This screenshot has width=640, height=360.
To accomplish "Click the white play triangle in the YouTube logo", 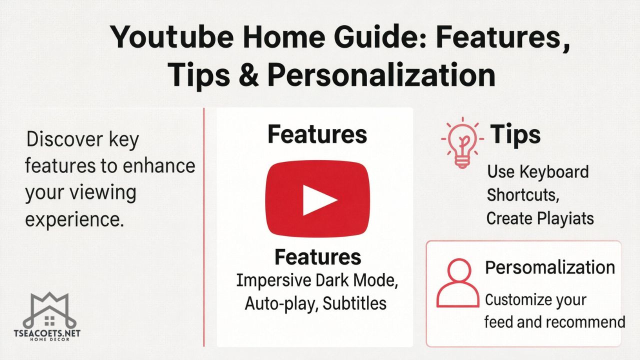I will click(x=318, y=199).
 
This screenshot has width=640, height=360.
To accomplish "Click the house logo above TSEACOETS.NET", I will click(x=49, y=310).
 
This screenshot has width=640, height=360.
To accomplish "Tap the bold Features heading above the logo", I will click(x=317, y=134).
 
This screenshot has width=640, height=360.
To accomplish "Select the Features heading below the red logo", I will click(x=318, y=257).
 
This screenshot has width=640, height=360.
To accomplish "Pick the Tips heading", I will click(x=515, y=134).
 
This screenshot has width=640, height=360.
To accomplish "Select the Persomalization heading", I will click(x=550, y=267).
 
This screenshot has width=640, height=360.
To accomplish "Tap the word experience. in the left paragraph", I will click(x=75, y=218).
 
